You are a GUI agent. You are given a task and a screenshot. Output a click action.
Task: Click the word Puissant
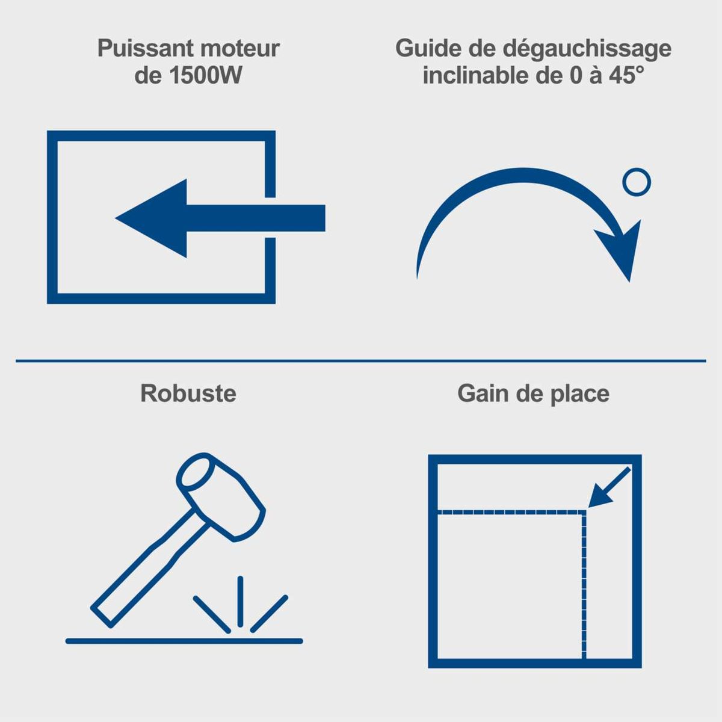click(x=146, y=49)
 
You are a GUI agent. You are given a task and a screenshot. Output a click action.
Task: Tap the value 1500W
click(x=205, y=76)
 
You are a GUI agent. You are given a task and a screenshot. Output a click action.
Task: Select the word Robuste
click(x=188, y=393)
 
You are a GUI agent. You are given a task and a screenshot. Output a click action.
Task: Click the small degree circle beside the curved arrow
click(x=637, y=182)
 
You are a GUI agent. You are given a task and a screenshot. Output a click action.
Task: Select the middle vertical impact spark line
click(x=240, y=601)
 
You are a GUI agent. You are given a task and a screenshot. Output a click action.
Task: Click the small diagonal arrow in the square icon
click(x=609, y=487)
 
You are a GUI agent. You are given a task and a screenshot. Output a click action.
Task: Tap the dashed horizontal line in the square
click(x=511, y=512)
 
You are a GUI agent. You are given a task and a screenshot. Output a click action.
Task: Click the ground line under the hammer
click(x=184, y=641)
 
